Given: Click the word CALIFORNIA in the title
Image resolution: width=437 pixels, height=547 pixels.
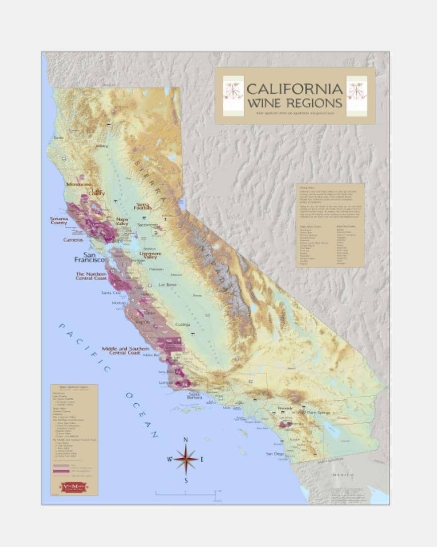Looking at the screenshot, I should pyautogui.click(x=294, y=90).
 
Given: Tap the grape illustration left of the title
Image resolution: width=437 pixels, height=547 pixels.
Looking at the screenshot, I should pyautogui.click(x=233, y=96).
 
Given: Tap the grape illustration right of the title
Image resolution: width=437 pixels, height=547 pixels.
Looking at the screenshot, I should pyautogui.click(x=356, y=96).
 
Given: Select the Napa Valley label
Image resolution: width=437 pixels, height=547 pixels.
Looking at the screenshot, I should pyautogui.click(x=122, y=221).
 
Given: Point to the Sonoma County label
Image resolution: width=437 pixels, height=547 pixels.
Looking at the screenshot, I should pyautogui.click(x=59, y=220).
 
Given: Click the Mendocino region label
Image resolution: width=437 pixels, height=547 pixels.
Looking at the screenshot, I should pyautogui.click(x=79, y=184).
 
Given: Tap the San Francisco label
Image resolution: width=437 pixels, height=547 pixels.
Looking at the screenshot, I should pyautogui.click(x=89, y=257).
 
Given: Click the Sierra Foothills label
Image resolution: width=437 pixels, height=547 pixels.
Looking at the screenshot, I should pyautogui.click(x=143, y=206).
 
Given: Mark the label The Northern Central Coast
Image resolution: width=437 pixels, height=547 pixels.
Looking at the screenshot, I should pyautogui.click(x=91, y=275).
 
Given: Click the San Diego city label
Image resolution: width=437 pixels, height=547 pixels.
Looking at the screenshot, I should pyautogui.click(x=274, y=454).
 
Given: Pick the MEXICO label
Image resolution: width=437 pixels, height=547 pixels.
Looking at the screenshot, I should pyautogui.click(x=343, y=475).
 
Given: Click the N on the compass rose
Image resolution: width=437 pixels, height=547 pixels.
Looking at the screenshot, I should pyautogui.click(x=185, y=440).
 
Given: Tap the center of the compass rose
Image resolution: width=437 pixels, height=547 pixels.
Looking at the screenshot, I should pyautogui.click(x=185, y=459).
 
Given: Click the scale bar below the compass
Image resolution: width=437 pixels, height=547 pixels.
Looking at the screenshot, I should pyautogui.click(x=185, y=494).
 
